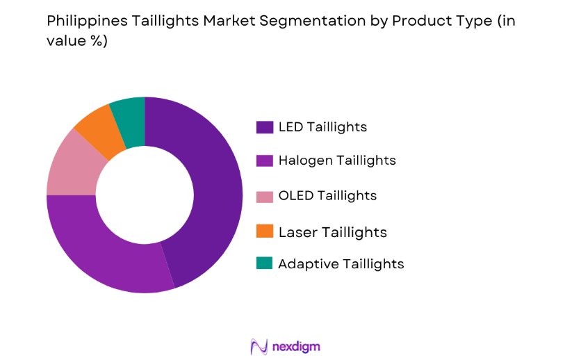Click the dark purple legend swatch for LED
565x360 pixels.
[264, 127]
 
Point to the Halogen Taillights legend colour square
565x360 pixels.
[264, 161]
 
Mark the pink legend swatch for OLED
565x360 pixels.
[264, 196]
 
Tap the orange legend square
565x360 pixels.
[264, 231]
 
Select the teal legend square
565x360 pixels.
[264, 264]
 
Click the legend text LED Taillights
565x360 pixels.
[322, 127]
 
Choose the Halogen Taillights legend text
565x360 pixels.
[337, 161]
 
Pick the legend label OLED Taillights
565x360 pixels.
[327, 196]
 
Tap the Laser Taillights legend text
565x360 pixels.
[332, 231]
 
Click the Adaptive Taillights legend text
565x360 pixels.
[341, 264]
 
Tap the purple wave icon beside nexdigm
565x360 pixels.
[259, 346]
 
